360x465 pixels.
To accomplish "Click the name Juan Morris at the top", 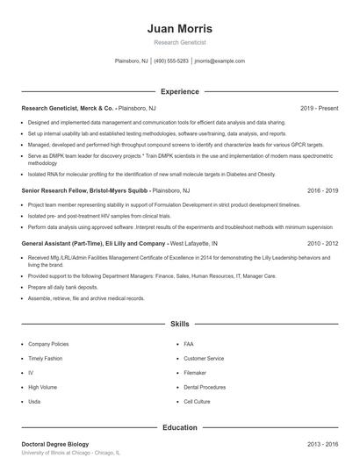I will (180, 28).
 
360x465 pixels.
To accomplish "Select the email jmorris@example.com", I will (220, 61).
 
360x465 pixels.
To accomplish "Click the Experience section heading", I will (180, 91).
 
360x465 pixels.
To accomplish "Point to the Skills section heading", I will (180, 324).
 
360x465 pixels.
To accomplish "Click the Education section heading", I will (180, 427).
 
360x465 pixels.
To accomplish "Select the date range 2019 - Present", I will (319, 108).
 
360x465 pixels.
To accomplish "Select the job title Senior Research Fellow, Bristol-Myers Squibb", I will (85, 190).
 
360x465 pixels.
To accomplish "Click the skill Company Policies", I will (48, 345).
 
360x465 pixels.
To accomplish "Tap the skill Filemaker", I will (196, 373).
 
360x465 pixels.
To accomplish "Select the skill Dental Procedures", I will (205, 387).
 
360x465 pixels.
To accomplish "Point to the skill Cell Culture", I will (198, 401).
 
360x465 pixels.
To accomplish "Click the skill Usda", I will (35, 401).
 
